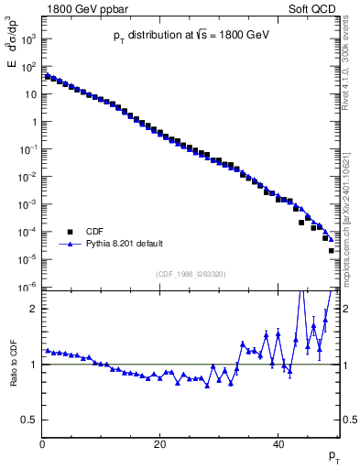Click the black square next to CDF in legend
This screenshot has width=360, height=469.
69,232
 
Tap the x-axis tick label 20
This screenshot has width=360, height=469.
160,445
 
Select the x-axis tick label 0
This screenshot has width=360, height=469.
42,445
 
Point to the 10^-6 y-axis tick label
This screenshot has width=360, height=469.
28,288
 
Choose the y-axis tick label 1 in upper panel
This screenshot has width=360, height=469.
33,123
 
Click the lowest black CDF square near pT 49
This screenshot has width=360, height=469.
331,250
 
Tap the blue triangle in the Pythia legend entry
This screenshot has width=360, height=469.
69,245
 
